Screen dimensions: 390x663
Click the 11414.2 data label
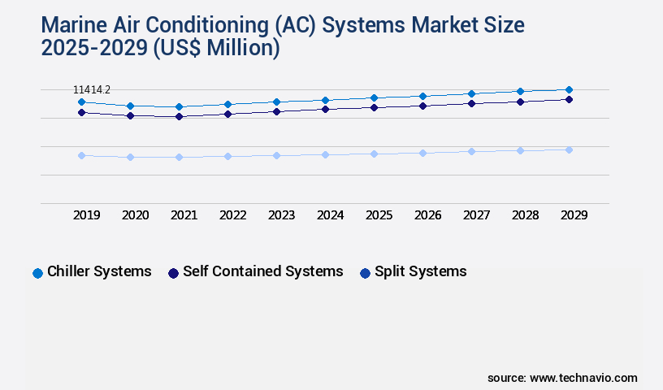point(92,89)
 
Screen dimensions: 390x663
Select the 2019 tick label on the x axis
point(86,215)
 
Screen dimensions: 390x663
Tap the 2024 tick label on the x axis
point(330,215)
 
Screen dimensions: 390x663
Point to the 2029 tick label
point(574,215)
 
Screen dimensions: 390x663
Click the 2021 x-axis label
point(184,215)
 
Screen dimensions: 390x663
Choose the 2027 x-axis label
point(476,215)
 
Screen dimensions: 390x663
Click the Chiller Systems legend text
point(99,271)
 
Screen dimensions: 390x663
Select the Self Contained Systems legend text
point(262,271)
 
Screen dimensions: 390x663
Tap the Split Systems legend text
point(420,271)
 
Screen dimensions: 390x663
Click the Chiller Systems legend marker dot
point(37,273)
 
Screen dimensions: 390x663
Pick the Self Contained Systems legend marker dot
point(173,273)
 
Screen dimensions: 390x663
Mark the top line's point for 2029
point(569,89)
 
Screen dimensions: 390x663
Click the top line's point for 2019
point(81,102)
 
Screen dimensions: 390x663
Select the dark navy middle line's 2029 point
point(569,99)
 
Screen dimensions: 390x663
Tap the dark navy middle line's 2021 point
point(179,116)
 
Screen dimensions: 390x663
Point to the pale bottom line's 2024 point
point(325,154)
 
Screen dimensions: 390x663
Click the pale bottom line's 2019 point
point(81,155)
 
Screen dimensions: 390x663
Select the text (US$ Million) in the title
point(216,49)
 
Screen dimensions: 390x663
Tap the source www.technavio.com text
point(562,378)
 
